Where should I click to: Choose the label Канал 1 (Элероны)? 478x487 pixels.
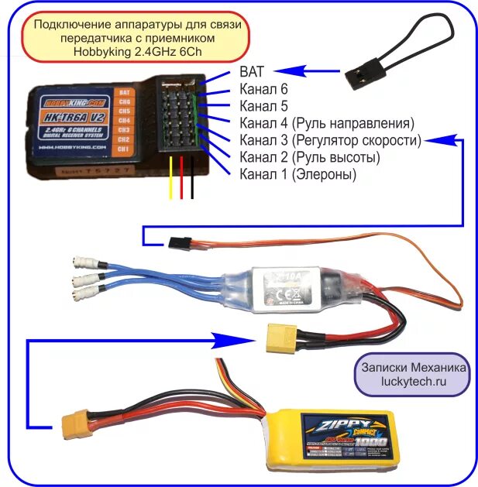click(298, 174)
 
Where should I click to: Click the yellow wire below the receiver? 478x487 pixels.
click(171, 178)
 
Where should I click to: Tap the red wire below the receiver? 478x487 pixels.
click(182, 178)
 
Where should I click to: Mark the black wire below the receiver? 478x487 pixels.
click(194, 178)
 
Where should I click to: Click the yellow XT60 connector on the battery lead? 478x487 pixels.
click(72, 424)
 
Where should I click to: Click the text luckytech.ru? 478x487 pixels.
click(413, 382)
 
